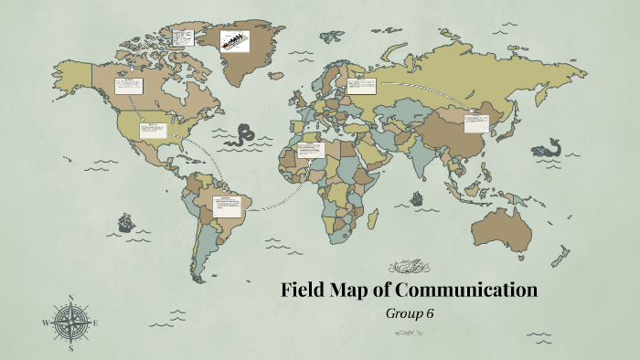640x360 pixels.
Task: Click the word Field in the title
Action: tap(304, 291)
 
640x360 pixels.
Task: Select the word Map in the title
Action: tap(352, 291)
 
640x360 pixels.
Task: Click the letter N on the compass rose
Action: tap(71, 299)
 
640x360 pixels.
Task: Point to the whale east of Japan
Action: tap(549, 146)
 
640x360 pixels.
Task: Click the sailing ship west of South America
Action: tap(125, 222)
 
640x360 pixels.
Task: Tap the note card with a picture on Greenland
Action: tap(235, 40)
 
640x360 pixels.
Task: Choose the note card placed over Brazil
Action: tap(226, 204)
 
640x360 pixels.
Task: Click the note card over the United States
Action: tap(151, 130)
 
